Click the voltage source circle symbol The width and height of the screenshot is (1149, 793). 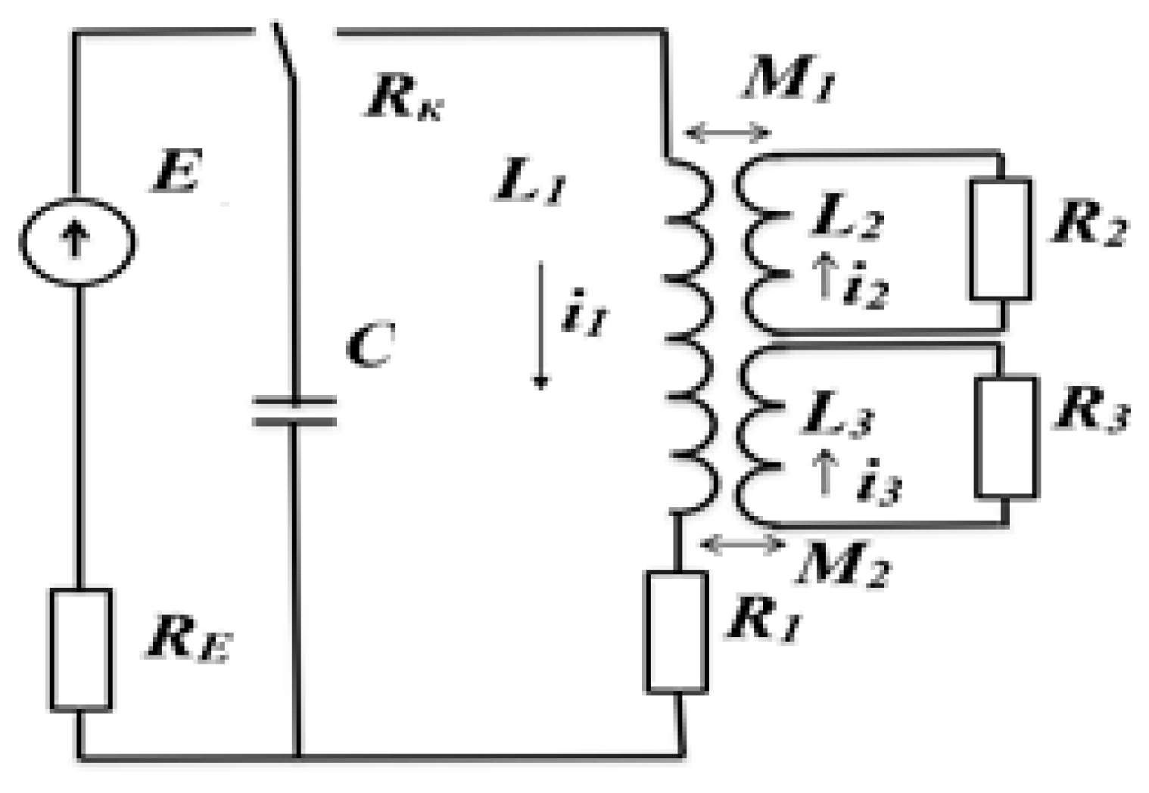click(x=76, y=241)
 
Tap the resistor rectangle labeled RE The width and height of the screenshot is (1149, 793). click(x=81, y=650)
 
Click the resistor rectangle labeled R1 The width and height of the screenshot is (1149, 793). click(x=676, y=632)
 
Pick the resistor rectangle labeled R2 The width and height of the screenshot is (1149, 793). click(x=1001, y=239)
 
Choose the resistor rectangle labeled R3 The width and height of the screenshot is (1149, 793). click(x=1005, y=437)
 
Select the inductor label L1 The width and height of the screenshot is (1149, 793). click(x=530, y=182)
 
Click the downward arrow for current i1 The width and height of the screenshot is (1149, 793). click(x=540, y=325)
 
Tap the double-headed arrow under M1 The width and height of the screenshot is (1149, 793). click(x=727, y=133)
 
